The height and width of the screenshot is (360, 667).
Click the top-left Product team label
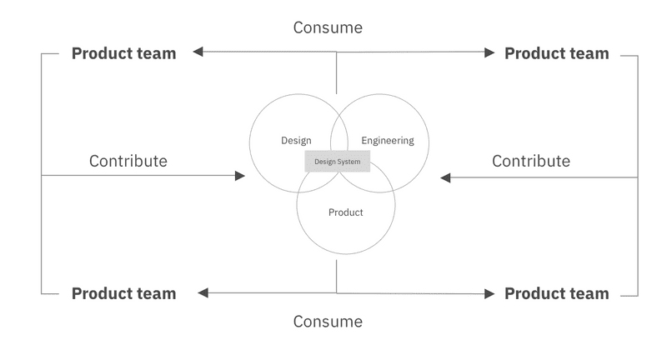(123, 53)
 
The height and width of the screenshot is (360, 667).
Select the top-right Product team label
(557, 53)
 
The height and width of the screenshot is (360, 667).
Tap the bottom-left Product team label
(123, 293)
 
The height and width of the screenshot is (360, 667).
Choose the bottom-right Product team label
(557, 293)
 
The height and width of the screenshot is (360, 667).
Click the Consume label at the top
(328, 27)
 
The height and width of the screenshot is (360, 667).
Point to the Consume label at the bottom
(328, 321)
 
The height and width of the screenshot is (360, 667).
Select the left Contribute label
(128, 161)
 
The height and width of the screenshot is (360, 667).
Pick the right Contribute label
(531, 161)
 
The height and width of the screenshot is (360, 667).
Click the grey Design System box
(338, 162)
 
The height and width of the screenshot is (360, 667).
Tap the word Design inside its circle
(296, 140)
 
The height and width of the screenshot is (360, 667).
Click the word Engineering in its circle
(388, 140)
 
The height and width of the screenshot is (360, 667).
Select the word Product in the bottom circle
(345, 212)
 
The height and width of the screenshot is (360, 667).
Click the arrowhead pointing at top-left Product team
(198, 52)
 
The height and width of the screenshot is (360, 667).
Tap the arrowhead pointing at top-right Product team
(489, 52)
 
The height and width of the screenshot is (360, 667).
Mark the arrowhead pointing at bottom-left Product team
(201, 292)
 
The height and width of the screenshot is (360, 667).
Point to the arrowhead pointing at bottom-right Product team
(489, 292)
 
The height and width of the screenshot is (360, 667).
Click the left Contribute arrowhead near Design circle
(240, 176)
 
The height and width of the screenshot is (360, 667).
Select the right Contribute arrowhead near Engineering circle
(446, 177)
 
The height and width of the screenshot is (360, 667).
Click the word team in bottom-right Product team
(588, 293)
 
